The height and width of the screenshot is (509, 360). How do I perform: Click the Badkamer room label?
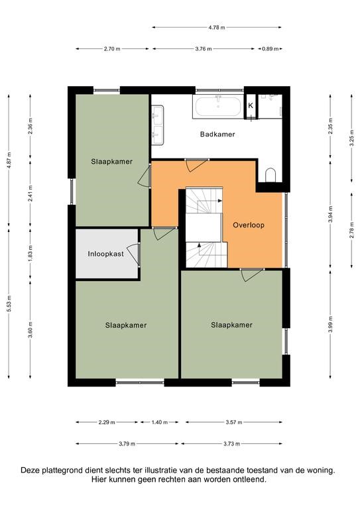(217, 134)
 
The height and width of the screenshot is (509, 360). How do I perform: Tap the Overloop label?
(249, 225)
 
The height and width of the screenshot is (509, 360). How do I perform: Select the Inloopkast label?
(105, 254)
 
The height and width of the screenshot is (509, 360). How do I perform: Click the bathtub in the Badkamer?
(218, 107)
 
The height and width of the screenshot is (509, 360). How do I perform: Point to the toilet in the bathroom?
(270, 175)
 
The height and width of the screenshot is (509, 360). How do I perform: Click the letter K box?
(251, 106)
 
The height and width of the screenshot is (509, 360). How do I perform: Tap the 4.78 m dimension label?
(217, 28)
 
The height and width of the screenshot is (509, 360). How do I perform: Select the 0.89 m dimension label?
(270, 49)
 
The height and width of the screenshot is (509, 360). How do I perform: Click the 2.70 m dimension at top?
(112, 49)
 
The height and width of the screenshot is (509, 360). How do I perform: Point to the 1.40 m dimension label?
(159, 422)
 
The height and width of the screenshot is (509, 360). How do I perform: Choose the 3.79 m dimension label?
(127, 444)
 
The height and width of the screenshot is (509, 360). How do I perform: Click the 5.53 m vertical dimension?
(9, 304)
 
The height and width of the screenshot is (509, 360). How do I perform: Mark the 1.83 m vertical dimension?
(30, 254)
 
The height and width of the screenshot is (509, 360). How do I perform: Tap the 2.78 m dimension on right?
(351, 230)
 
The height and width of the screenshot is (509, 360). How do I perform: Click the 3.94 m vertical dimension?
(330, 214)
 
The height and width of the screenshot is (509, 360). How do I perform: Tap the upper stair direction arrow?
(219, 201)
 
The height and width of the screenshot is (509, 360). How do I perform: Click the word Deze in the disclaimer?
(30, 470)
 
